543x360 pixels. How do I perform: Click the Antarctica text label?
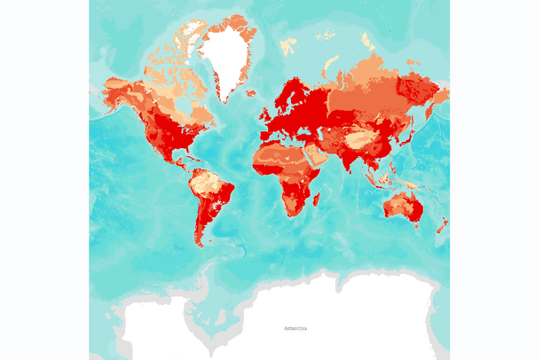tap(295, 328)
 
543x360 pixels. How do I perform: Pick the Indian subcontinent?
tap(353, 160)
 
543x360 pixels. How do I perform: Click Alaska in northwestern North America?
tap(115, 89)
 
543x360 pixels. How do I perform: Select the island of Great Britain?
tap(265, 112)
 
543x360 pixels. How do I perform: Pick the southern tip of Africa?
tap(294, 214)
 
